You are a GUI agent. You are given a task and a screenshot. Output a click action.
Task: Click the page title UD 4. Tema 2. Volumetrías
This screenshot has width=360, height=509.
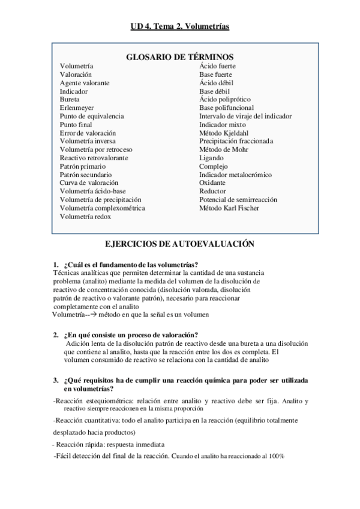(180, 26)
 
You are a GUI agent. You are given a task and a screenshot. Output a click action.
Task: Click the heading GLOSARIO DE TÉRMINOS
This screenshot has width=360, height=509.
(179, 56)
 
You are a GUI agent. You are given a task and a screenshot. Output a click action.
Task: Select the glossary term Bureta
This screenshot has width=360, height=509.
(69, 100)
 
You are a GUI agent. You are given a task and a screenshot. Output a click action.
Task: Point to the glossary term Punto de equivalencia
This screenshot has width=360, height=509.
(92, 116)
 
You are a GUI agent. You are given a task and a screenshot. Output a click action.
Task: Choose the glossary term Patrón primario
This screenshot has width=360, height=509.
(82, 166)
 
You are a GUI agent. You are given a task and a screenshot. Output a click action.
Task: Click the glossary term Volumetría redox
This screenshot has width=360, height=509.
(85, 216)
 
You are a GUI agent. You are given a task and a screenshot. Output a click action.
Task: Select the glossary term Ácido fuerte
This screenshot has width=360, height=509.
(217, 66)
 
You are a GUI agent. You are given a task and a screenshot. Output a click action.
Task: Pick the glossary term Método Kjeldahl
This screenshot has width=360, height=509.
(223, 133)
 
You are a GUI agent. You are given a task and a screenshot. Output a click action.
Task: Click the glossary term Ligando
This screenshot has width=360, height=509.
(211, 158)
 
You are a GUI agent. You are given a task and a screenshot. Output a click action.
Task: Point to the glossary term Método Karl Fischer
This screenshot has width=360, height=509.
(229, 208)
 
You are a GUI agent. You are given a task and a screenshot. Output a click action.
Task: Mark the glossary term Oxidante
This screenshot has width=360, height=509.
(212, 182)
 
